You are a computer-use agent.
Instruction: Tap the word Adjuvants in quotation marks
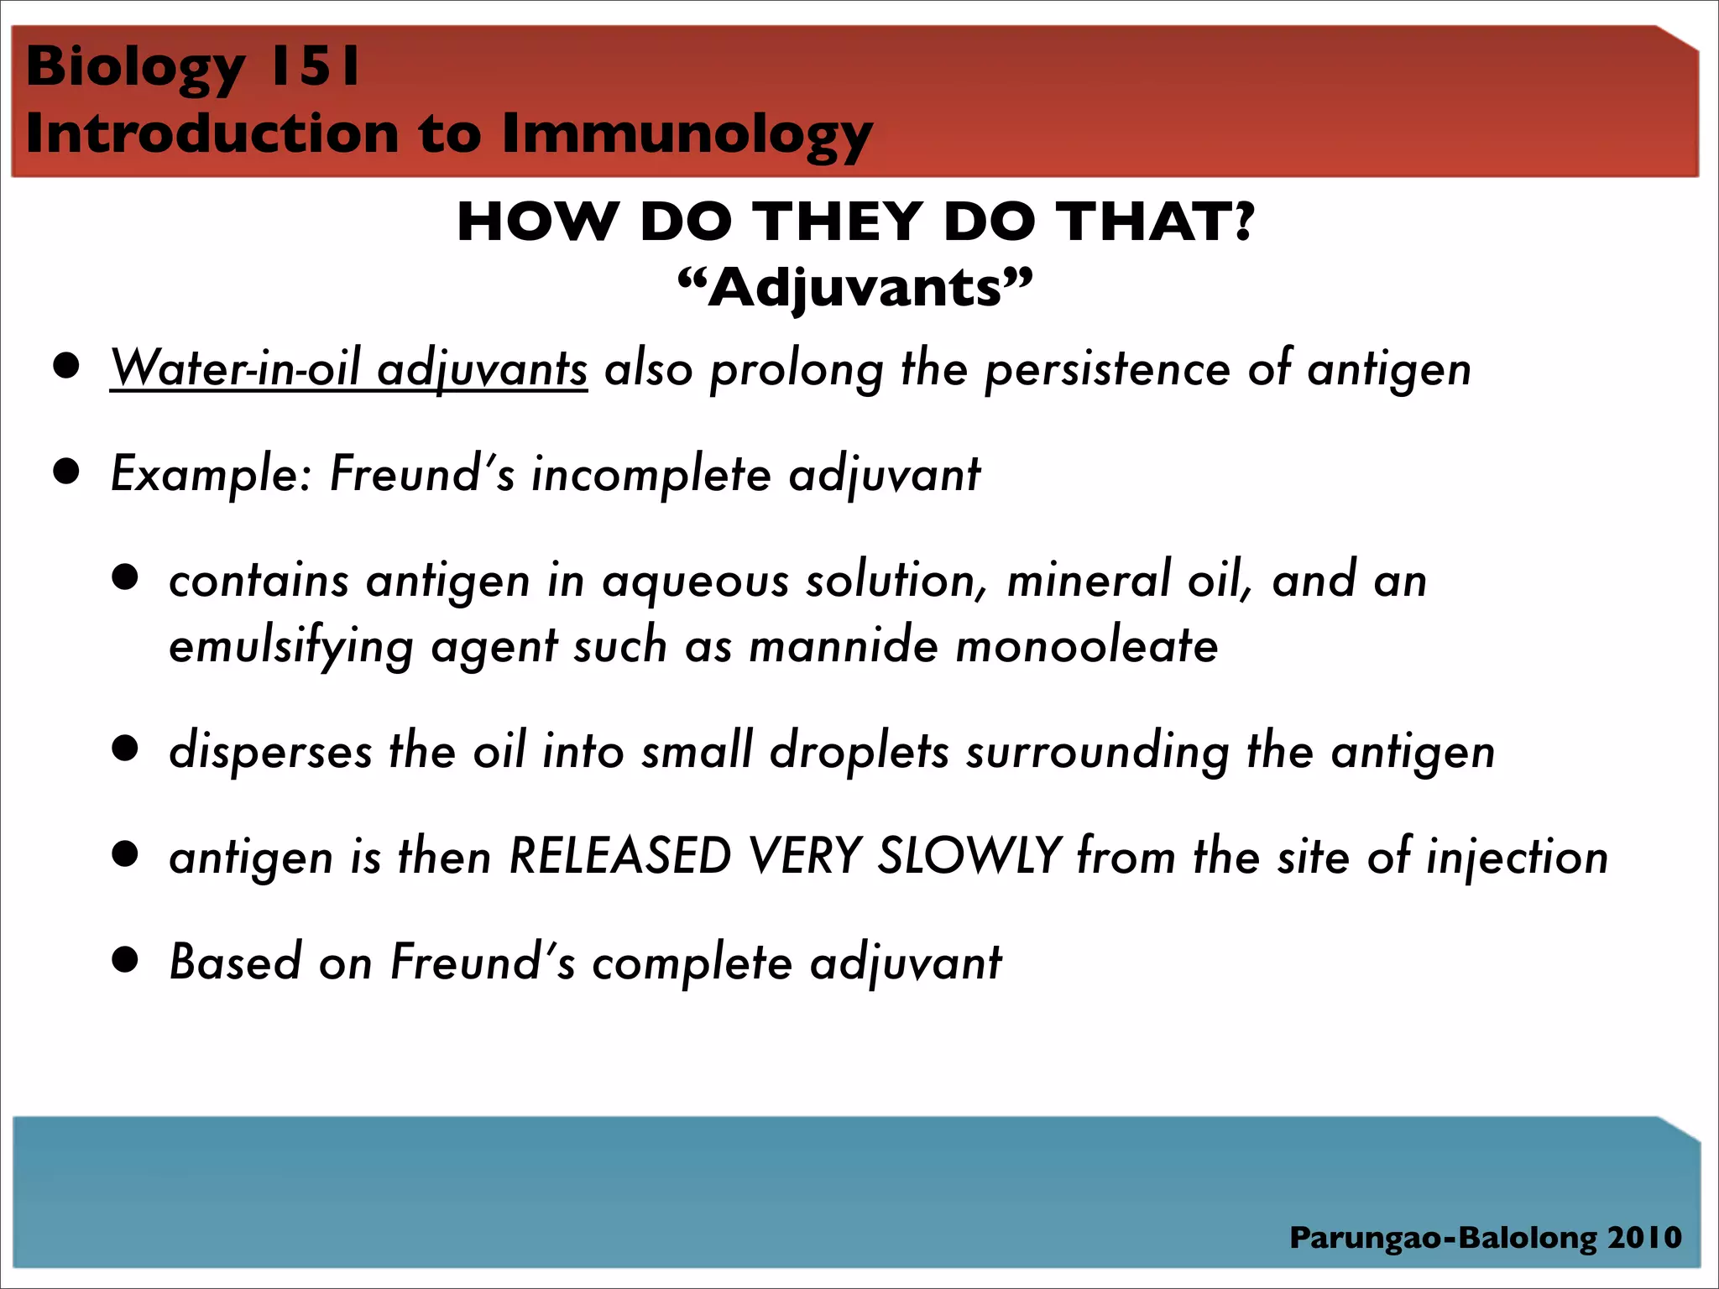(855, 288)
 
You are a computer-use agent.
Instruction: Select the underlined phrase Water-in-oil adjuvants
(348, 368)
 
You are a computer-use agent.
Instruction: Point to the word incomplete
(651, 474)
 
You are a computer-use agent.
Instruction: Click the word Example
(211, 474)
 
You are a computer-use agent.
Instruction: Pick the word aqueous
(696, 581)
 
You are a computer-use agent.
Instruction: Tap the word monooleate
(1086, 646)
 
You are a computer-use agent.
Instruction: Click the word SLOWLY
(969, 857)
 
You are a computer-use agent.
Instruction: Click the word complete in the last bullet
(692, 963)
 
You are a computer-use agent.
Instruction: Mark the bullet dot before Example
(66, 472)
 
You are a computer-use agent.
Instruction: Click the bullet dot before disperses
(125, 748)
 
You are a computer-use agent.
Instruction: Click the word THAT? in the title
(1155, 222)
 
